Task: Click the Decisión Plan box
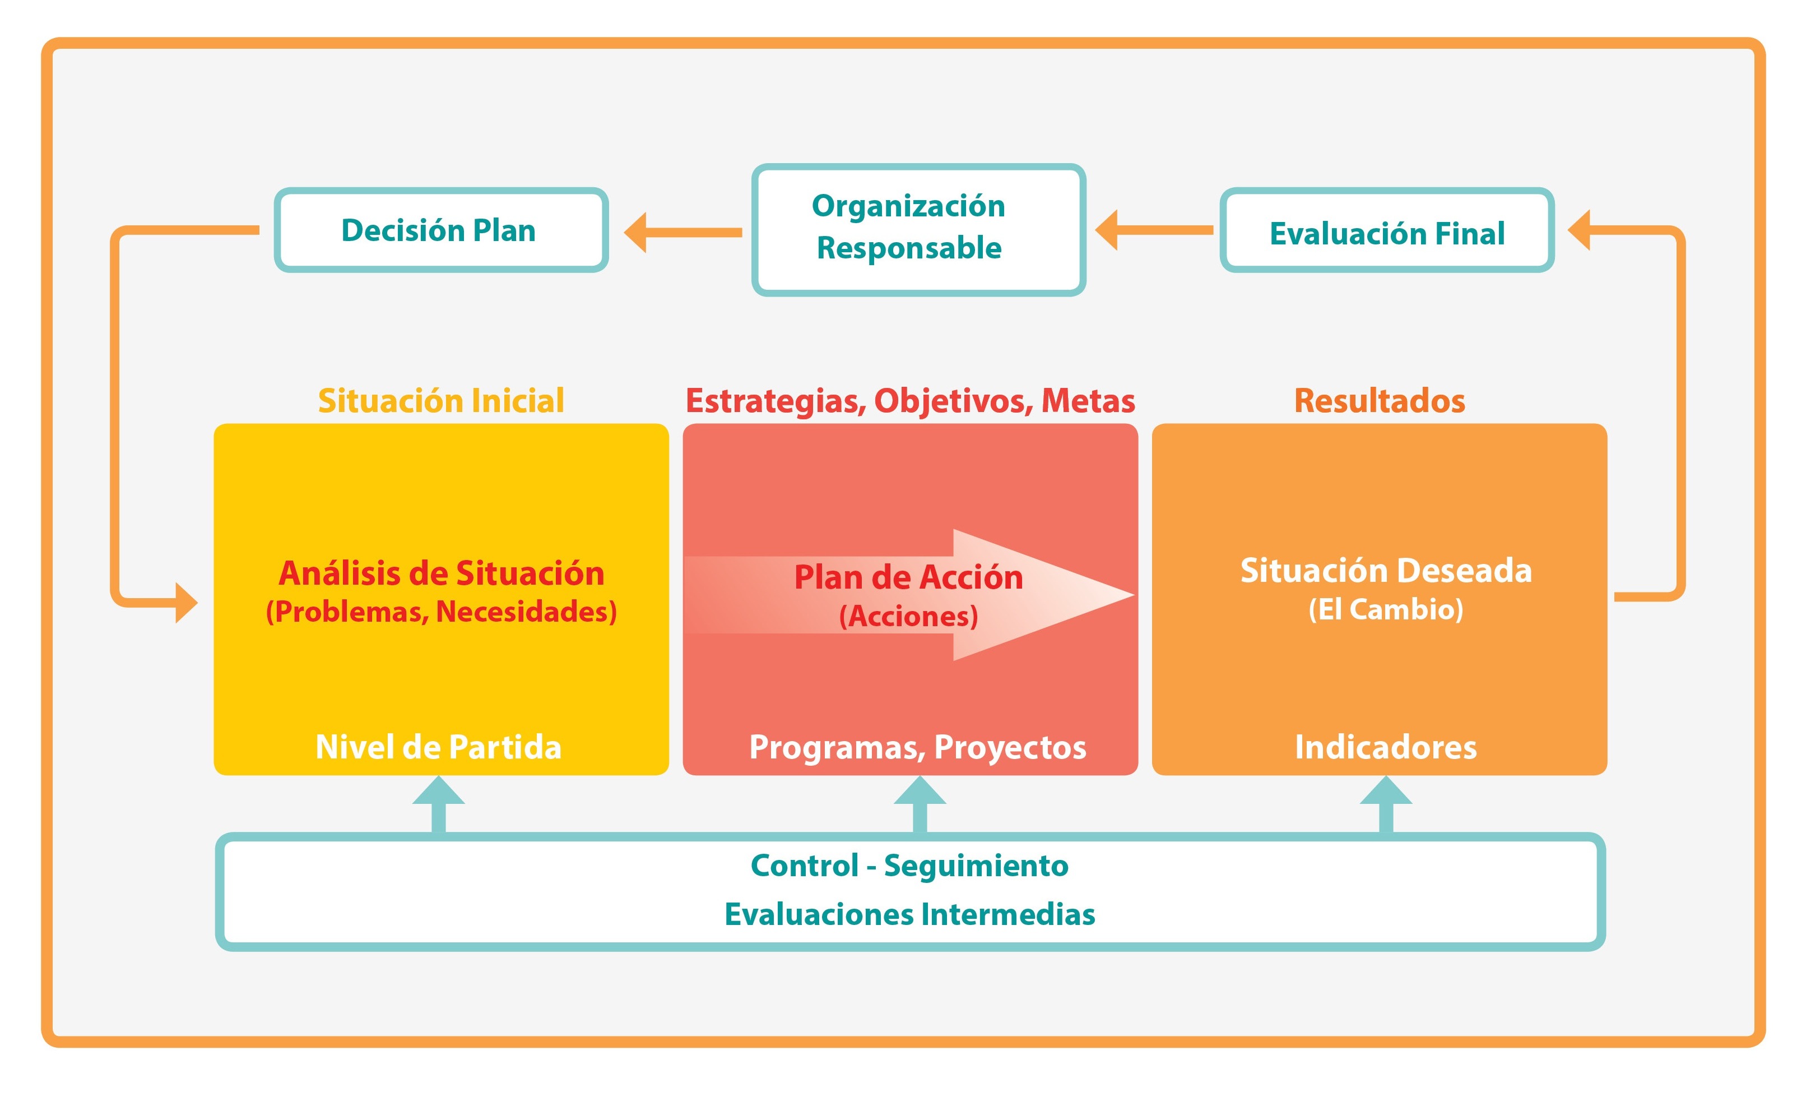click(441, 230)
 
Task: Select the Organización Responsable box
click(918, 229)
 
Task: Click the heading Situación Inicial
click(441, 400)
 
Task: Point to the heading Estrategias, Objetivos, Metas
click(910, 400)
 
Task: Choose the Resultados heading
click(1379, 400)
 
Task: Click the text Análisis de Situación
click(441, 573)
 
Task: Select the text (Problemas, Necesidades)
click(441, 612)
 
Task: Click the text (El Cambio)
click(1386, 609)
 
